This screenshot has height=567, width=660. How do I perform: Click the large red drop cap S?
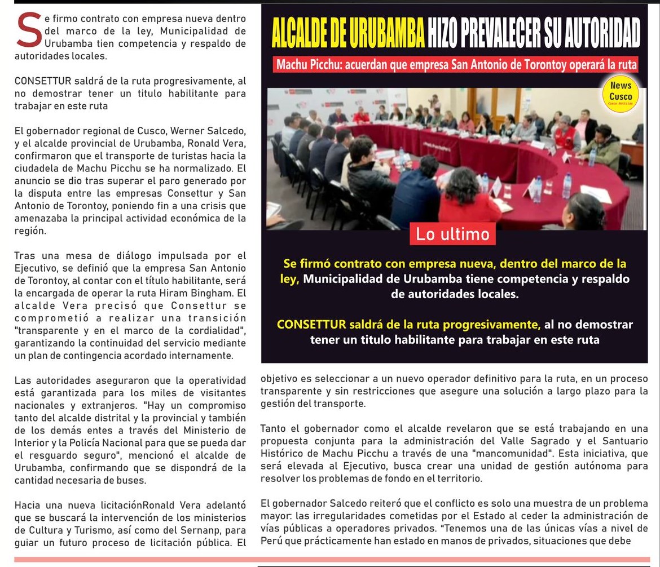29,31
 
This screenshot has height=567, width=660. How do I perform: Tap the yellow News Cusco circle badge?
621,94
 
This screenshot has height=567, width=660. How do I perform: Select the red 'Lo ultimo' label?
452,234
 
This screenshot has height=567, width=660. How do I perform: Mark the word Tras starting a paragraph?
24,256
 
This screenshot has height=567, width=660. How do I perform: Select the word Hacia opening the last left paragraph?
27,505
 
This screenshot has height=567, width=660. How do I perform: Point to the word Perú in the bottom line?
271,541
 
